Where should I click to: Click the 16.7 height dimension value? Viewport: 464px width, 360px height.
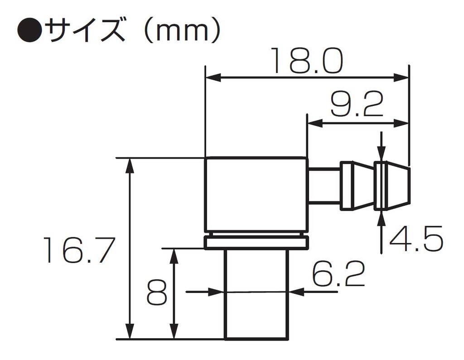(77, 250)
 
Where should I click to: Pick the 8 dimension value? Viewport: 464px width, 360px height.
(157, 294)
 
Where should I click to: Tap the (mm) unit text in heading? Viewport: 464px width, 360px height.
(181, 31)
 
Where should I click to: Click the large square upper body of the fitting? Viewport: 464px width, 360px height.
(256, 195)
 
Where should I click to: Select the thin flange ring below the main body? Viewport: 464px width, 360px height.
(256, 242)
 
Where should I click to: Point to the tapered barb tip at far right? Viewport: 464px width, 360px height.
(393, 186)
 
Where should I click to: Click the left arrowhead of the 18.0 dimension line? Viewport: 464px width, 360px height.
(213, 78)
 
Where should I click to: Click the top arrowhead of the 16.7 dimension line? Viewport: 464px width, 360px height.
(130, 165)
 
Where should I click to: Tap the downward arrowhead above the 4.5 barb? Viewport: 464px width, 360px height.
(382, 154)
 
